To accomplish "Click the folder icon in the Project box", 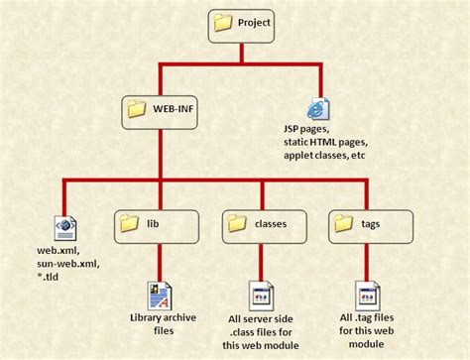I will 223,23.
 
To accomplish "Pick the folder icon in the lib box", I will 129,223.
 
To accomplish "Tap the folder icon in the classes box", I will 237,223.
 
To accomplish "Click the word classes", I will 270,224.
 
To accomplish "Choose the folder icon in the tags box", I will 342,223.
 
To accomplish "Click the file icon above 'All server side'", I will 263,295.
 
